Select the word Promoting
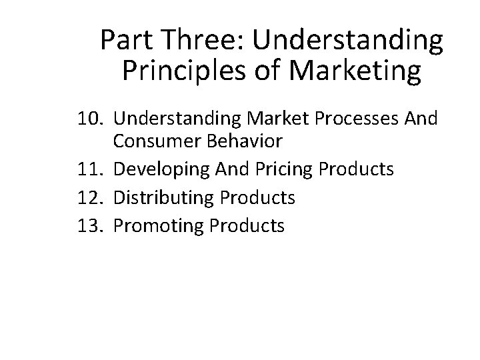(x=159, y=226)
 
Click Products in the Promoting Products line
(x=247, y=226)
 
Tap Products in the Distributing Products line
(x=257, y=197)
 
